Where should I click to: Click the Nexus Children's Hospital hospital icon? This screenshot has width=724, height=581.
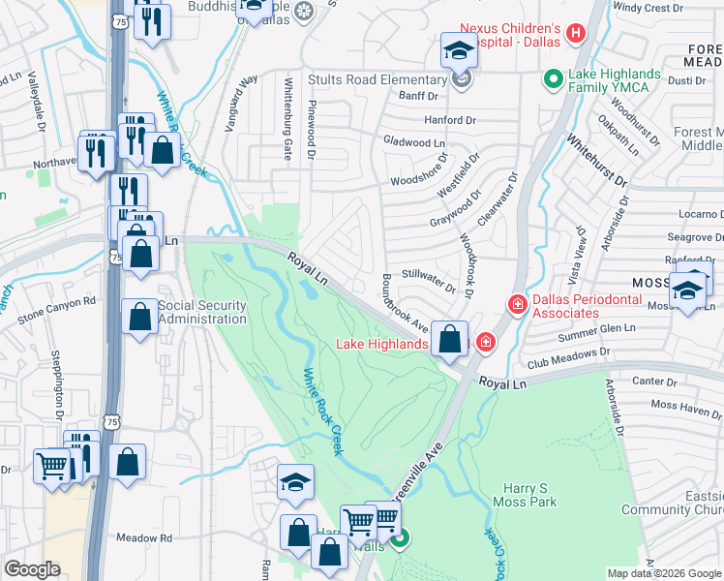pyautogui.click(x=577, y=35)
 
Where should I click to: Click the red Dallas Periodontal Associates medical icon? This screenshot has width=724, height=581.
pyautogui.click(x=517, y=306)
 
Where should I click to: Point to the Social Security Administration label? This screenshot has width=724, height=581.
pyautogui.click(x=201, y=313)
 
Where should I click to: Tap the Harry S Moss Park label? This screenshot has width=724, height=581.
pyautogui.click(x=529, y=496)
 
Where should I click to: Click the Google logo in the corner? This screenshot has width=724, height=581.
pyautogui.click(x=32, y=569)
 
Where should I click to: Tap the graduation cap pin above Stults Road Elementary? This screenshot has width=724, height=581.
pyautogui.click(x=459, y=51)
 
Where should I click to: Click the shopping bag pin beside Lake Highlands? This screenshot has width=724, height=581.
pyautogui.click(x=449, y=340)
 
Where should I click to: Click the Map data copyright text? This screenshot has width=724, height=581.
pyautogui.click(x=663, y=573)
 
